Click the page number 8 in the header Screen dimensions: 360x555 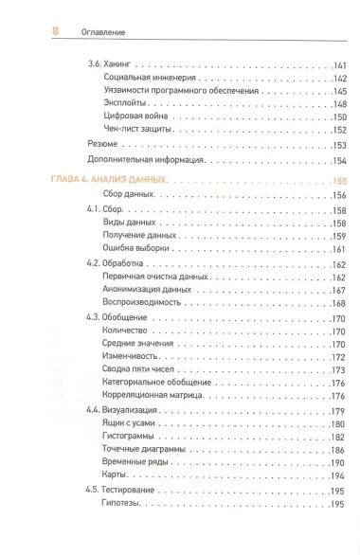tap(28, 31)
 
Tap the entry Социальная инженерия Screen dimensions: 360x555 tap(149, 78)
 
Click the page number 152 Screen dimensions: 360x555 tap(339, 131)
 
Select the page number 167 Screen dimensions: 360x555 tap(339, 291)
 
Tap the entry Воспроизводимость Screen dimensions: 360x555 tap(144, 304)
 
